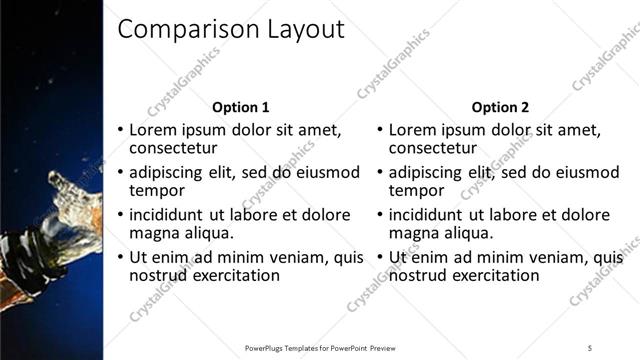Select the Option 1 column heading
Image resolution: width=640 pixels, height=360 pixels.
[x=241, y=107]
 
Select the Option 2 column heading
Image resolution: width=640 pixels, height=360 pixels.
[x=500, y=107]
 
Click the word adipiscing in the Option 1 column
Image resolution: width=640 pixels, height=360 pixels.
[x=171, y=172]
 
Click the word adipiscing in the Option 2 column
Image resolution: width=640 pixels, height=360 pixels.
[x=429, y=172]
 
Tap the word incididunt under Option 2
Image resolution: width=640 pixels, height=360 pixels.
[x=428, y=215]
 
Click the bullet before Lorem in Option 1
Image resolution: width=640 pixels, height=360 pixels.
[x=121, y=130]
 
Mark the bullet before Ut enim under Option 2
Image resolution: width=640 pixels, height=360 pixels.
[x=380, y=258]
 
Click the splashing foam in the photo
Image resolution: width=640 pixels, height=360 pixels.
[x=75, y=200]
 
